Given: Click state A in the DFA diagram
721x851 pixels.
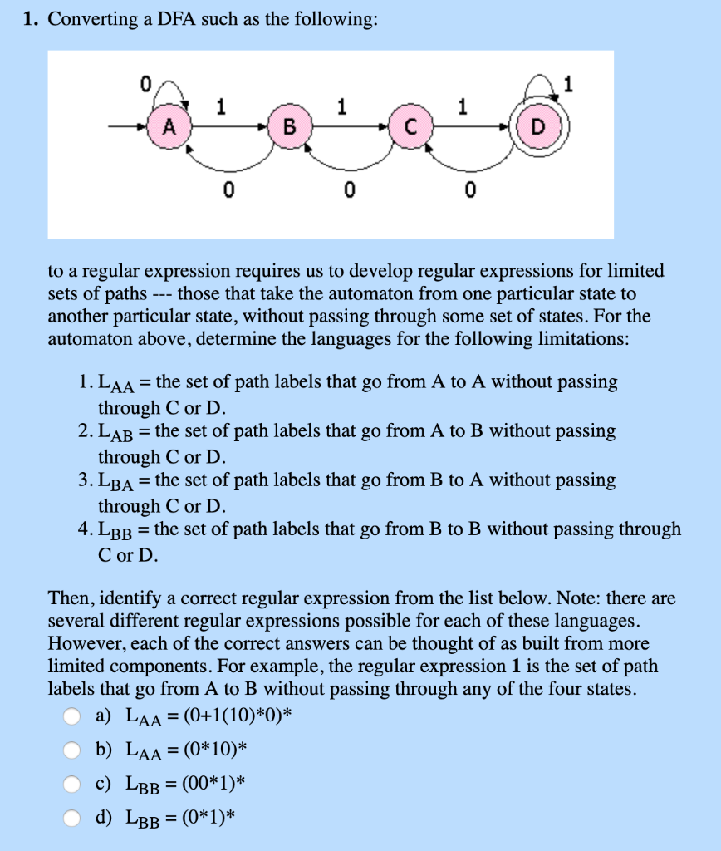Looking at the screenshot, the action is click(x=169, y=127).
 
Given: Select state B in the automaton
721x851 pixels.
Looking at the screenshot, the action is click(x=288, y=127).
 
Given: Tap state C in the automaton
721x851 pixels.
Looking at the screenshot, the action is click(x=409, y=127).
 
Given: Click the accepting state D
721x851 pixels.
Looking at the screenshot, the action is click(x=537, y=127).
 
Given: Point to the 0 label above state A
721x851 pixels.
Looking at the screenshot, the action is click(x=145, y=83).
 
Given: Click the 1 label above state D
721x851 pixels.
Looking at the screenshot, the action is click(x=568, y=83).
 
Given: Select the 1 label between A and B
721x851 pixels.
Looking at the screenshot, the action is click(x=220, y=106).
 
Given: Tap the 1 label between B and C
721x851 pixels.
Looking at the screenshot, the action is click(x=341, y=106).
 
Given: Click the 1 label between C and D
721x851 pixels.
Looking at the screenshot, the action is click(x=463, y=106).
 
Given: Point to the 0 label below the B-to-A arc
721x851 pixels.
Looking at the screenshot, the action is click(x=227, y=192).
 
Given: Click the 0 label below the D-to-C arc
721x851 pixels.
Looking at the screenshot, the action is click(x=469, y=192).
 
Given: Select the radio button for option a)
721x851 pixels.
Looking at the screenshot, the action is click(x=74, y=716).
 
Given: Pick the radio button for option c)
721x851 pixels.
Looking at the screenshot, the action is click(x=74, y=784).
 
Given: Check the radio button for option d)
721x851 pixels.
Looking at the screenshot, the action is click(x=74, y=818).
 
